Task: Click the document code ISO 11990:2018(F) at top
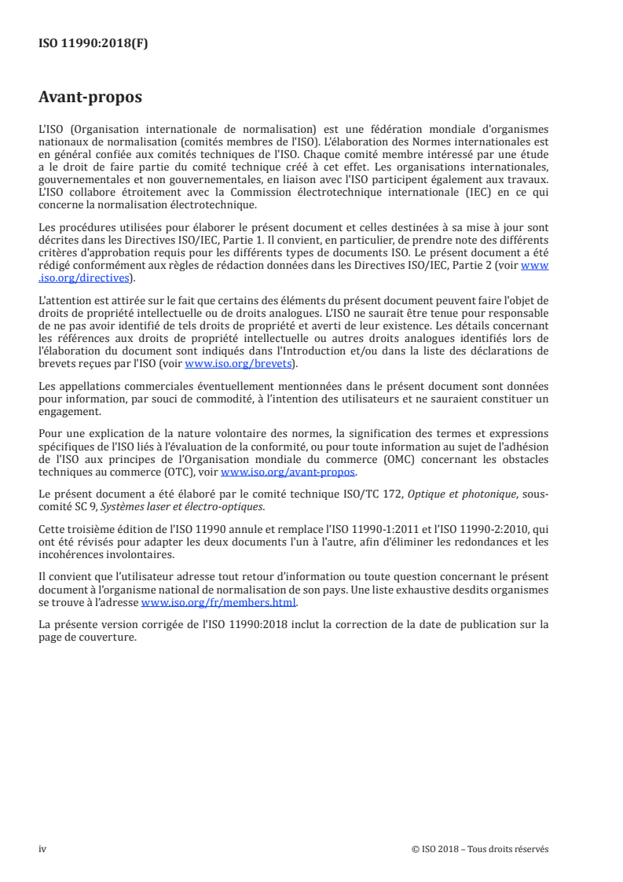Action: click(93, 44)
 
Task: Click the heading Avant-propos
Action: click(90, 98)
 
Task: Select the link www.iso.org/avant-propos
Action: click(288, 472)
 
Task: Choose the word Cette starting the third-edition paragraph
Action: click(52, 527)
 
